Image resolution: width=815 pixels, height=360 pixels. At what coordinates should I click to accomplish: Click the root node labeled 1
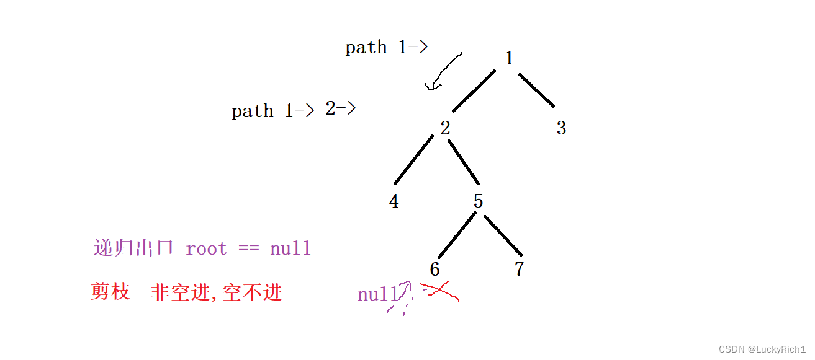[509, 59]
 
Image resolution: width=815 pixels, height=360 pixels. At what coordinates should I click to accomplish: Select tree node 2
[444, 128]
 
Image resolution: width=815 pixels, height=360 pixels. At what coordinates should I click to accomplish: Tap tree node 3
[561, 128]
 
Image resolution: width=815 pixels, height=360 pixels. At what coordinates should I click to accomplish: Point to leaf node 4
[394, 201]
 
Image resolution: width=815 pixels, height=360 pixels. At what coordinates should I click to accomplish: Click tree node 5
[478, 201]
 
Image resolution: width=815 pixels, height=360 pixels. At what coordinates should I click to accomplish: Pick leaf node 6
[435, 269]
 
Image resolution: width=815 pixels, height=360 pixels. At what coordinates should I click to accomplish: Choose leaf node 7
[519, 269]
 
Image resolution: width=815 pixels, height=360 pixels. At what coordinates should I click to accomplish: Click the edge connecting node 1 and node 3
[536, 90]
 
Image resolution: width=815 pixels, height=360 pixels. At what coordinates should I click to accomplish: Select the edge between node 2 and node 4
[413, 159]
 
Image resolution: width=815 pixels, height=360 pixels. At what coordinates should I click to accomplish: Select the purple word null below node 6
[377, 294]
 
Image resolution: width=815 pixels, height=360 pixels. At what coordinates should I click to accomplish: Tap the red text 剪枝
[110, 291]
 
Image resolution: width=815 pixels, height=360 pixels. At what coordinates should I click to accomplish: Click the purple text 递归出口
[133, 248]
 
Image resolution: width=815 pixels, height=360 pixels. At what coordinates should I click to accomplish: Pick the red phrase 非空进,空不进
[216, 292]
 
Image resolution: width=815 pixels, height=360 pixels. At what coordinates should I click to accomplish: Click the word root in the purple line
[207, 249]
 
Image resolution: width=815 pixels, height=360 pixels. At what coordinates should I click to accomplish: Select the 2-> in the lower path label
[340, 109]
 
